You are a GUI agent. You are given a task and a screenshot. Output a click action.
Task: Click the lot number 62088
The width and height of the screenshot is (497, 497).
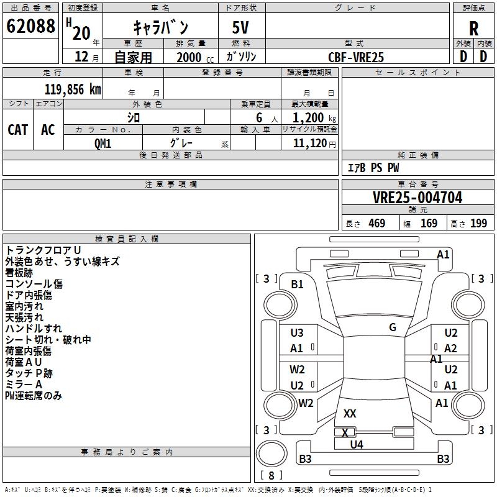(x=30, y=27)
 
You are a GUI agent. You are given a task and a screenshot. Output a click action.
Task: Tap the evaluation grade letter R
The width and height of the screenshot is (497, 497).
(x=473, y=29)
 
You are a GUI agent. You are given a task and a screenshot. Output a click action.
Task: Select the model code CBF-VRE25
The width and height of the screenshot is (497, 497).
(x=356, y=57)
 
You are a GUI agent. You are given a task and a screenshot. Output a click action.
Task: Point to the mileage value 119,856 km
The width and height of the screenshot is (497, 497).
(x=73, y=89)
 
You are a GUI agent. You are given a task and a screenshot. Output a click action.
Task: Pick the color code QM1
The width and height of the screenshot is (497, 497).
(x=103, y=143)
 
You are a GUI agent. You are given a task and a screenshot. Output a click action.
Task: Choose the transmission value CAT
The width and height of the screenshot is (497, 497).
(x=17, y=129)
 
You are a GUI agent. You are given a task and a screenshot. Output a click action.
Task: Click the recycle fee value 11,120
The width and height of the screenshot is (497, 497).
(x=310, y=143)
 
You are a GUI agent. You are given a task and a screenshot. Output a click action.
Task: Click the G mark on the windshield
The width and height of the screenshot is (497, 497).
(x=393, y=327)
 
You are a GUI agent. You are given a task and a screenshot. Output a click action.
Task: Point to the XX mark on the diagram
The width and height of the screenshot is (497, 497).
(x=350, y=413)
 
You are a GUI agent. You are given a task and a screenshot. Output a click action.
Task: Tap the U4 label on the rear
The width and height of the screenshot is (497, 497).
(x=356, y=444)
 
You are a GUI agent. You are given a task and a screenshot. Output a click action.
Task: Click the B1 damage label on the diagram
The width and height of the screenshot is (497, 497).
(x=297, y=285)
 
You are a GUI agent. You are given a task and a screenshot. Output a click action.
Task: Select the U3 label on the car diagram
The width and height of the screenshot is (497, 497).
(x=297, y=333)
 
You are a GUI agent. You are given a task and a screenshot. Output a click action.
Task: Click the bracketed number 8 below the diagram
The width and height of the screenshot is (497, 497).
(x=271, y=476)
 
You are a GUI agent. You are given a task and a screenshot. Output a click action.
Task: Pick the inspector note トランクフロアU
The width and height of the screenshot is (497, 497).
(x=43, y=250)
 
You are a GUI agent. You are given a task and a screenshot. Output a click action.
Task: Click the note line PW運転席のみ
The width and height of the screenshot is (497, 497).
(x=34, y=396)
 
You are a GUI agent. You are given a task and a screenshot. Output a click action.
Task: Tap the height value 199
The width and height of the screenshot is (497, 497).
(x=478, y=223)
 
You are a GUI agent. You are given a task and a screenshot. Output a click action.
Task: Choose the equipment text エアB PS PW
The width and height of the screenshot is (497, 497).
(x=373, y=168)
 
